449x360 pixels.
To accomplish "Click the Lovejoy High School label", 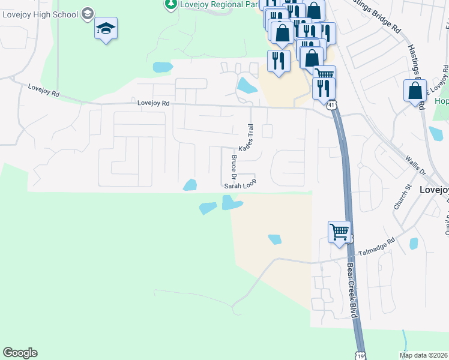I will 40,13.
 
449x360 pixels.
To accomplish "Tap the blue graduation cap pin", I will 106,29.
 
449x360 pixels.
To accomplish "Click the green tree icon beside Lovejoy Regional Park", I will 171,4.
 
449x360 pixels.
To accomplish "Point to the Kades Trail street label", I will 247,138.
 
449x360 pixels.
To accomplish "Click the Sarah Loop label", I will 240,185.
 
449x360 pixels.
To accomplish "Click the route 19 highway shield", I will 360,356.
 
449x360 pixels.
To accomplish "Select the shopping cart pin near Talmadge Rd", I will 339,231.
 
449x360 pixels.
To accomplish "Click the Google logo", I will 20,353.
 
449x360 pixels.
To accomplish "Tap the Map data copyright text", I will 423,355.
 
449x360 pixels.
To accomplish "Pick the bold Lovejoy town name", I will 433,188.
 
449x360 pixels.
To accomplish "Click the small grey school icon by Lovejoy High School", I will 88,13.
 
